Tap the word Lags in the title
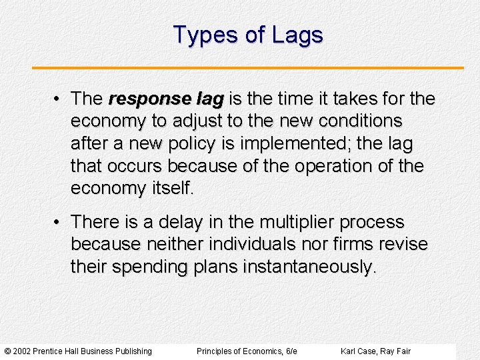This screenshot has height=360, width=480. coord(297,35)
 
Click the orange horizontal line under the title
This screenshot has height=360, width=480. coord(248,68)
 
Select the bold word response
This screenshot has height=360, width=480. coord(141,99)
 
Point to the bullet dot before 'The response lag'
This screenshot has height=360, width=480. coord(59,99)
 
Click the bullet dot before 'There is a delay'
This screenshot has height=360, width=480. coord(59,221)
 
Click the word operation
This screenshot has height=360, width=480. coord(318,165)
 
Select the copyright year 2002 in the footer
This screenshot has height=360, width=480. coord(23,351)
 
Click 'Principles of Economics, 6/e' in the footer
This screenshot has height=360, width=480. coord(247,351)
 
